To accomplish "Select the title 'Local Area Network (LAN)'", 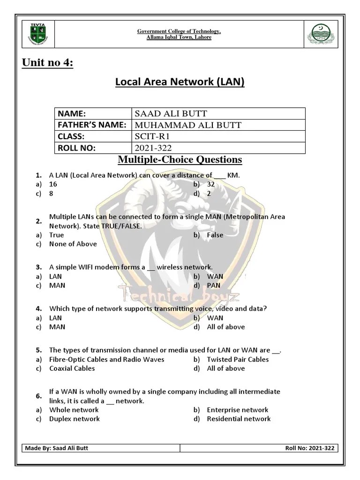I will click(180, 82).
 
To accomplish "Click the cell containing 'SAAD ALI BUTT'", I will click(171, 113).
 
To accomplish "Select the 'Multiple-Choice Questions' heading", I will click(180, 160).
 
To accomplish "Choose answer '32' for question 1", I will click(210, 184).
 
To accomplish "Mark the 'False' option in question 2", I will click(215, 235).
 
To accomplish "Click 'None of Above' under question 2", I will click(73, 244).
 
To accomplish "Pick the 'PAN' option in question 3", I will click(213, 285).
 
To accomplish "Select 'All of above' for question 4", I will click(225, 327).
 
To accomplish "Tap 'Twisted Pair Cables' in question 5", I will click(238, 359).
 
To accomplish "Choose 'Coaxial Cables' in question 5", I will click(72, 368).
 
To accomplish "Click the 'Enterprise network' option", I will click(237, 410).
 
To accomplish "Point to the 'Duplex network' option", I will click(74, 419).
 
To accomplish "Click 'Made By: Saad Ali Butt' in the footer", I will click(57, 448).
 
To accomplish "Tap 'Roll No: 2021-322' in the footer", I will click(309, 448).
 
